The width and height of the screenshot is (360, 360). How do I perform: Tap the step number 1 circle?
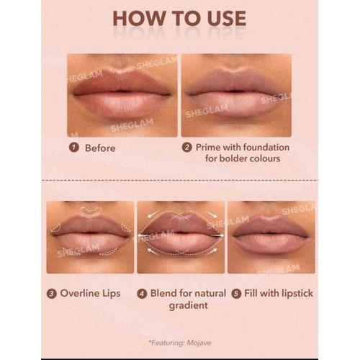74,148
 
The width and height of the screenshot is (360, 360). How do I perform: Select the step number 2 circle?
187,148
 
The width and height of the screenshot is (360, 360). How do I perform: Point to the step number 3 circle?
52,294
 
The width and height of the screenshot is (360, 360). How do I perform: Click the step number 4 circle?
142,294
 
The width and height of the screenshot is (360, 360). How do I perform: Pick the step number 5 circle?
236,294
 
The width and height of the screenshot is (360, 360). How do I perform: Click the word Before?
100,148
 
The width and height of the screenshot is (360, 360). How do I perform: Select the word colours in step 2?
265,158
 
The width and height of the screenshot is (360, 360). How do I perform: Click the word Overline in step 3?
77,293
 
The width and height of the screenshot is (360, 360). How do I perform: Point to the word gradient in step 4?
189,306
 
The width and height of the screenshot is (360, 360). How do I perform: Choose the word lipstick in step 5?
297,293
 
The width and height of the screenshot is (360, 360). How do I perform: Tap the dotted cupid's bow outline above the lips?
91,210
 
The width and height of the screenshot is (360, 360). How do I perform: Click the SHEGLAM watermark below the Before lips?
132,125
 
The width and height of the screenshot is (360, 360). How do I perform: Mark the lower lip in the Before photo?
122,105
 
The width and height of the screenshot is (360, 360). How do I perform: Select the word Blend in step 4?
164,293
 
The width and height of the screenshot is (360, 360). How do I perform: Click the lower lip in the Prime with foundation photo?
235,104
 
